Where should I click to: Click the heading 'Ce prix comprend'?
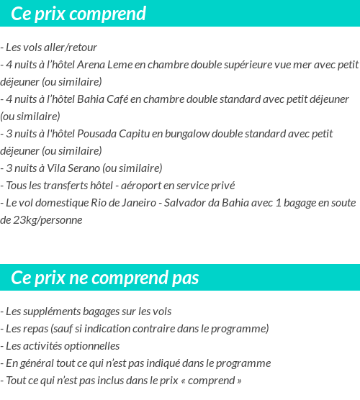[x=78, y=14]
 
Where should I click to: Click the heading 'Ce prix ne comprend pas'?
[x=104, y=278]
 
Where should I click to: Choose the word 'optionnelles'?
[x=91, y=346]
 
